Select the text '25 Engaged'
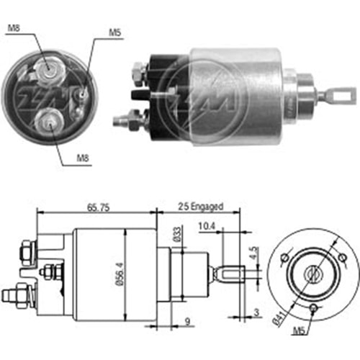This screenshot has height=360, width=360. tap(200, 207)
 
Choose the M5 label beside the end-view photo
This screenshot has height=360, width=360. tap(114, 32)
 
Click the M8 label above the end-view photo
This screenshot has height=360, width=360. tap(15, 28)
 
